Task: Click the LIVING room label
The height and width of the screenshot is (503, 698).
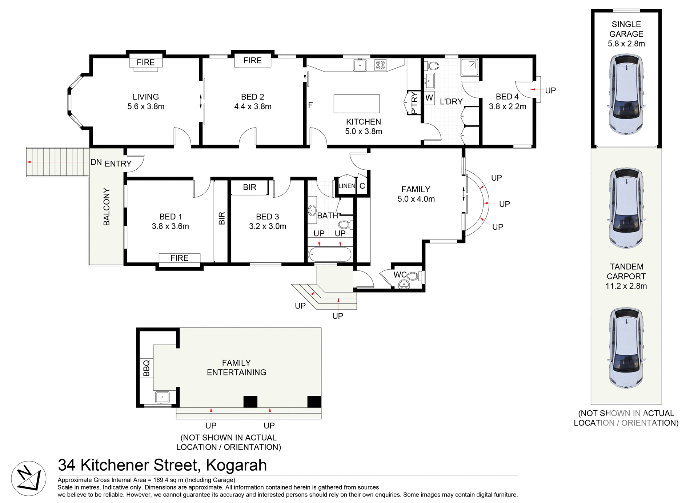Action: (x=146, y=97)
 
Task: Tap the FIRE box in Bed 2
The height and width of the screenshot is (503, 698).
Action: (x=252, y=61)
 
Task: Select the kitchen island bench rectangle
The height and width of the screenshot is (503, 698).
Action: (x=357, y=104)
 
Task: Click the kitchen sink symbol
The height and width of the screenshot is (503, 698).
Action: (x=360, y=65)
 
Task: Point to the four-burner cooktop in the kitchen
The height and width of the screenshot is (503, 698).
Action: (x=380, y=65)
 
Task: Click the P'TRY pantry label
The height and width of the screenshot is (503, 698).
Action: (x=414, y=103)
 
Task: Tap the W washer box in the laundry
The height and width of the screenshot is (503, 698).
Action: (x=429, y=98)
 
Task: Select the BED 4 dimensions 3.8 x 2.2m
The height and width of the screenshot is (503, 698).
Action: (x=507, y=106)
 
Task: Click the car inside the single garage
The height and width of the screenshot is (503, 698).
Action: (x=626, y=94)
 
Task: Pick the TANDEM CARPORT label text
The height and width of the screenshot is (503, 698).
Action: (x=626, y=271)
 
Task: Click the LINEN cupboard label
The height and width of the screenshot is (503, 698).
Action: (x=346, y=186)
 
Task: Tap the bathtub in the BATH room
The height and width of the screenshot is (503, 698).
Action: (x=330, y=254)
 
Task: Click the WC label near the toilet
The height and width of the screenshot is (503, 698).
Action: (x=400, y=275)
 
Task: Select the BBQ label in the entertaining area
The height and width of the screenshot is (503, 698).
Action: (x=146, y=368)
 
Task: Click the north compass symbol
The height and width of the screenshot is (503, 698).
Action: (x=28, y=478)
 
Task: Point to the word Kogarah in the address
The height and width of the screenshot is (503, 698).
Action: (x=236, y=465)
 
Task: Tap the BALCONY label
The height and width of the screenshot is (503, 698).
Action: (x=107, y=206)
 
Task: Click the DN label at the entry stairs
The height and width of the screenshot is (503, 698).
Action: (x=96, y=162)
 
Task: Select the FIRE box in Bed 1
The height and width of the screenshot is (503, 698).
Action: (x=179, y=258)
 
